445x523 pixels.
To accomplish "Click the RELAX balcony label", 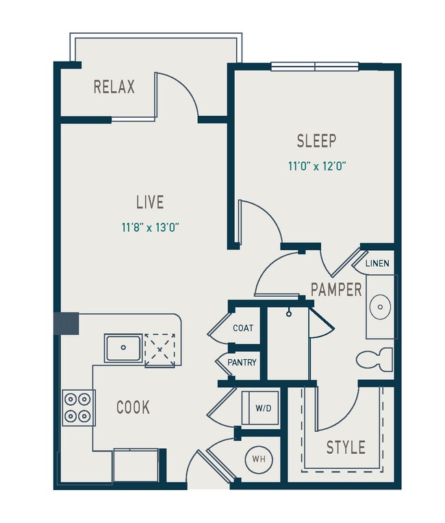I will [114, 87].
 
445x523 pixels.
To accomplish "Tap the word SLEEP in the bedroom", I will [316, 141].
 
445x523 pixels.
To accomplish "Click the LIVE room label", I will [149, 202].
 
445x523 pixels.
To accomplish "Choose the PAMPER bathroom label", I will [335, 289].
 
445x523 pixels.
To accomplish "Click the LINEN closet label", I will [378, 264].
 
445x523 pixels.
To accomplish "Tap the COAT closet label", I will [243, 328].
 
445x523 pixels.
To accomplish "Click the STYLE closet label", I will [345, 448].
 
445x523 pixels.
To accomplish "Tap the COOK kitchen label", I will [133, 407].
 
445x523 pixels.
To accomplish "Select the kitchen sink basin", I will [123, 348].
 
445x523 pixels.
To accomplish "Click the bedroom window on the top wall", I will [314, 66].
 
